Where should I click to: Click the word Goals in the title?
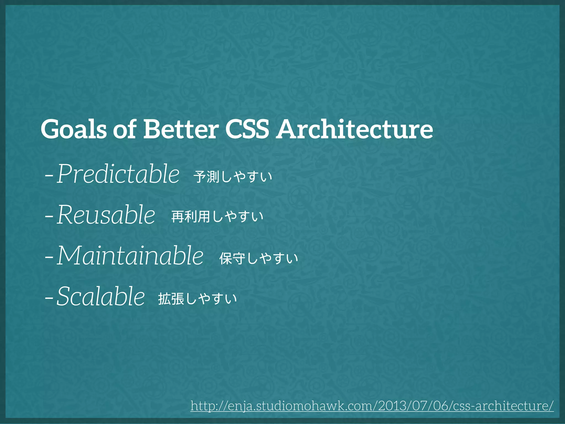[73, 129]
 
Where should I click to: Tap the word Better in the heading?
[181, 129]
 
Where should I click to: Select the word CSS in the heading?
[247, 129]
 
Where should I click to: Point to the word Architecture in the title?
[355, 129]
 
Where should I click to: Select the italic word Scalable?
[101, 296]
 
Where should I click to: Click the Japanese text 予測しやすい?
[233, 177]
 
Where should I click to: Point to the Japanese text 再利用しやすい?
[217, 216]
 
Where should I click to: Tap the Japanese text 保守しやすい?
[258, 258]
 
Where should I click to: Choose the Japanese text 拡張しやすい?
[198, 299]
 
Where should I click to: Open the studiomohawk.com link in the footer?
[372, 406]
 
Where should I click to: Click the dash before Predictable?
[49, 176]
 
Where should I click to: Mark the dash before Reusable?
[49, 216]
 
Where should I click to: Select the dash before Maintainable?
[49, 258]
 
